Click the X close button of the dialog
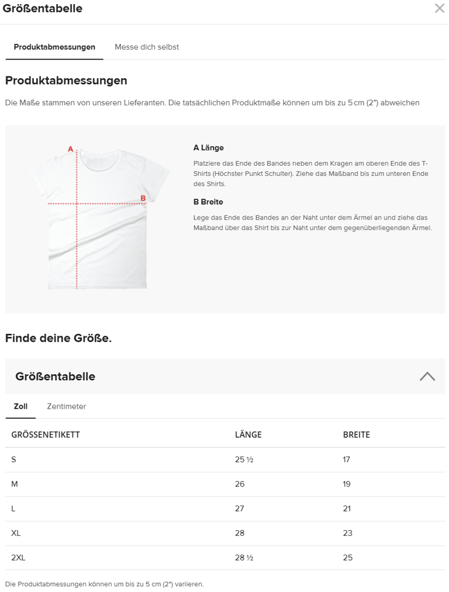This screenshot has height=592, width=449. (439, 8)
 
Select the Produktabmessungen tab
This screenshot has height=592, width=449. (54, 47)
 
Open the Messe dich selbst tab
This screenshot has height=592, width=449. (147, 47)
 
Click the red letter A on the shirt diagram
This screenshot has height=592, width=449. (71, 149)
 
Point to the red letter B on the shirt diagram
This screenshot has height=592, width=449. (143, 199)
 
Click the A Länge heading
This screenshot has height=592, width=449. (209, 148)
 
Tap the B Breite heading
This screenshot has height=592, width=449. (208, 202)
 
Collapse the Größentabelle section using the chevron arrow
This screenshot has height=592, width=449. (427, 377)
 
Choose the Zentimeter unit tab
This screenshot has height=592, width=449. (67, 406)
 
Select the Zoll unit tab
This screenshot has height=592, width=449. (20, 406)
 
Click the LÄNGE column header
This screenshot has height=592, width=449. (248, 435)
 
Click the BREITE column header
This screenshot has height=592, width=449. (357, 435)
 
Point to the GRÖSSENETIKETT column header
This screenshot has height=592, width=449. (46, 435)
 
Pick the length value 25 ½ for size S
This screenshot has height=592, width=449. (244, 459)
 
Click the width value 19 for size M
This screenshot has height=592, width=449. (347, 484)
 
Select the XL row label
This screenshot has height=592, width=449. (16, 533)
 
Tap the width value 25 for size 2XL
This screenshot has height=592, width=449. (348, 558)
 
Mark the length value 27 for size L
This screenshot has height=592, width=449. (240, 509)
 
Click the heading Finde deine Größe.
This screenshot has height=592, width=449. (58, 338)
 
